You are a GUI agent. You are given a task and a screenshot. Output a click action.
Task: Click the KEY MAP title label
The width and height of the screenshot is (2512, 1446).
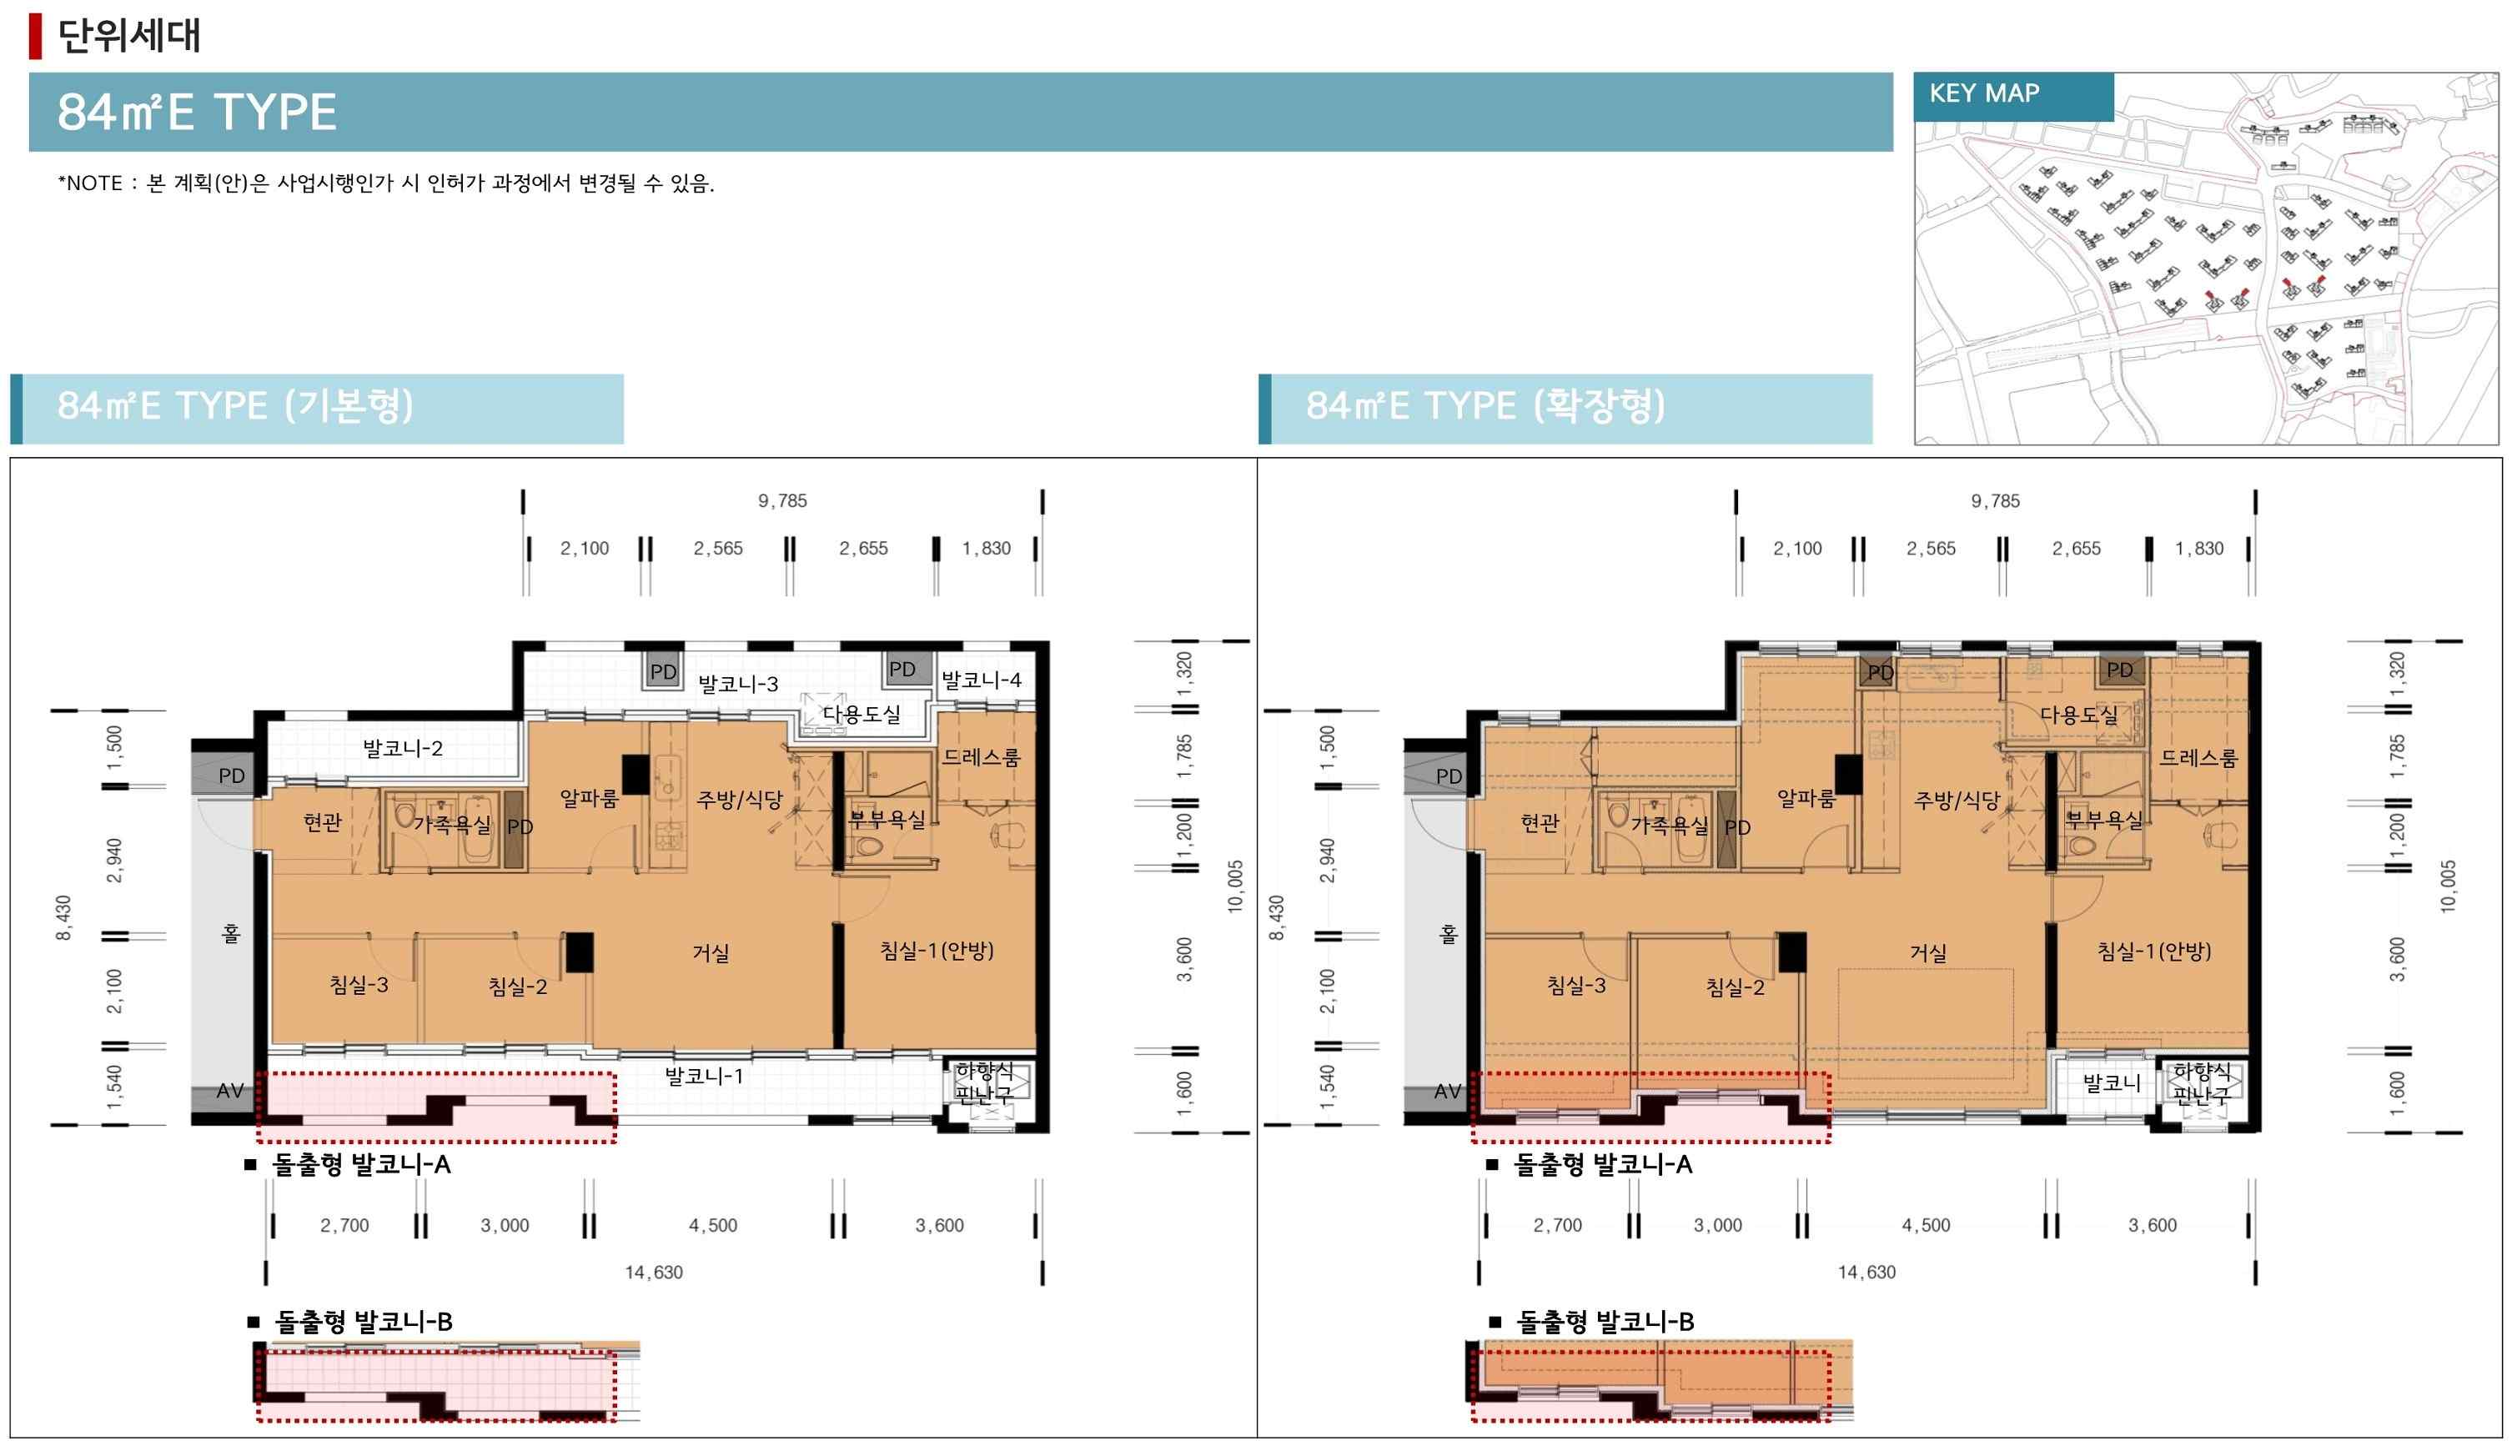1983,93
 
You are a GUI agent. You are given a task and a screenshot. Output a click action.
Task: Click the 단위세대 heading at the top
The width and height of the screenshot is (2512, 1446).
129,35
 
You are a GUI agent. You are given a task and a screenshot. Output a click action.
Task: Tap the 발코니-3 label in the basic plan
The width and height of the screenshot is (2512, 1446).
738,683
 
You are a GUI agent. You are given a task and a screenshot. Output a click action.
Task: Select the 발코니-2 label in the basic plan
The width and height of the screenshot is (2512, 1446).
402,748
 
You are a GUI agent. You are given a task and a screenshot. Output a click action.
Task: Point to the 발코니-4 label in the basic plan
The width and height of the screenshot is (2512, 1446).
982,680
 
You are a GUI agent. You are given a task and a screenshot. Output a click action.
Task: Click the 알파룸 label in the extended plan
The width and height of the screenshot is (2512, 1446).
1806,797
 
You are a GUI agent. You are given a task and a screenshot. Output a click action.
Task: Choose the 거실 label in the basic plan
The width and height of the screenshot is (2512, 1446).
711,952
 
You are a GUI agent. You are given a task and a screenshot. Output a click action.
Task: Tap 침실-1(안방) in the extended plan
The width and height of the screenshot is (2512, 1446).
2154,951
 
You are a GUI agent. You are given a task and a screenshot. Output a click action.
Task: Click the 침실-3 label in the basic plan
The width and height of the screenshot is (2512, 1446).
359,984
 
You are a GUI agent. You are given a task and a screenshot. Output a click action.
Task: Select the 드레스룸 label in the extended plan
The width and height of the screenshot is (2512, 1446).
2199,758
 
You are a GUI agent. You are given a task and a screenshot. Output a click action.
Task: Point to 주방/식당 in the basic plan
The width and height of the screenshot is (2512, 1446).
740,799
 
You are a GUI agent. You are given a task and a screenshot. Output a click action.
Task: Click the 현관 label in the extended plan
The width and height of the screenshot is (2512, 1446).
1540,822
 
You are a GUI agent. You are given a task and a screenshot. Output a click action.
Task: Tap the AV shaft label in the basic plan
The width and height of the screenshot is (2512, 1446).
230,1091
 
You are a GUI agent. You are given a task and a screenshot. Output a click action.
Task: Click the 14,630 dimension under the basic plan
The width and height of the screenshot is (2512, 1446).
654,1273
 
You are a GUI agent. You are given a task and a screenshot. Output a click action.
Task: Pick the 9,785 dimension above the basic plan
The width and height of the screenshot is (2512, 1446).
782,500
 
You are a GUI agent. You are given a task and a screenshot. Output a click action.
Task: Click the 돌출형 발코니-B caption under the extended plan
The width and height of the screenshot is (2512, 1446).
1605,1322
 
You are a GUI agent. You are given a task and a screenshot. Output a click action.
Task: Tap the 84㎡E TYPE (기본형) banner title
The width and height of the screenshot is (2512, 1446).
235,405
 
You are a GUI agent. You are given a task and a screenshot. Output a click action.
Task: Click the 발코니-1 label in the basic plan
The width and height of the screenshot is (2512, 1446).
704,1075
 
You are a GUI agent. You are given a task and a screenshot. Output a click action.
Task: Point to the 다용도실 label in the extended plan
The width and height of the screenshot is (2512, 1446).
2079,714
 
